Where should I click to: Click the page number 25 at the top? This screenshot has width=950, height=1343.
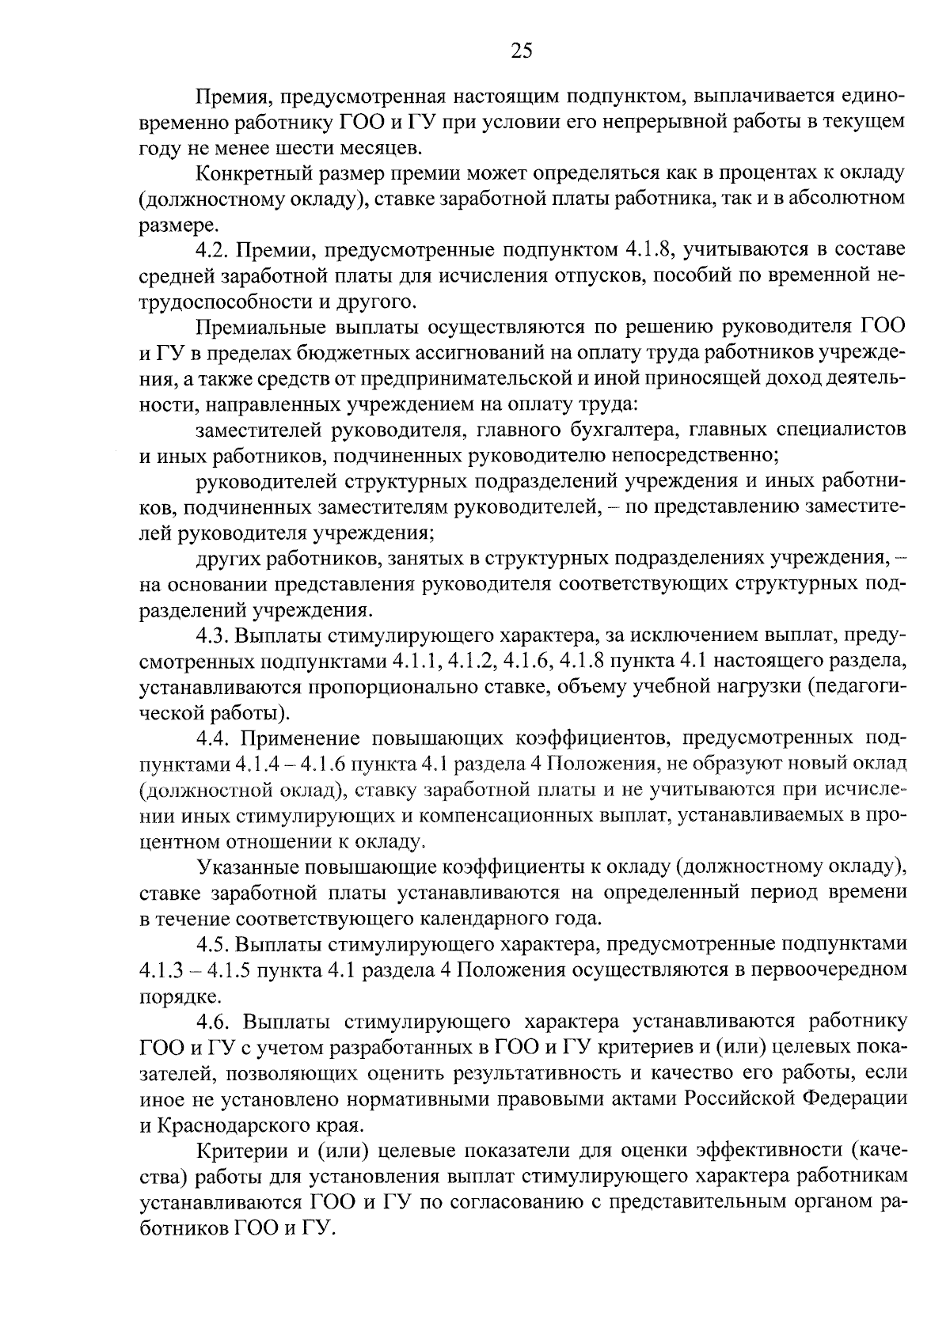tap(521, 51)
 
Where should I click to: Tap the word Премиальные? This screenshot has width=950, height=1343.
tap(256, 328)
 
